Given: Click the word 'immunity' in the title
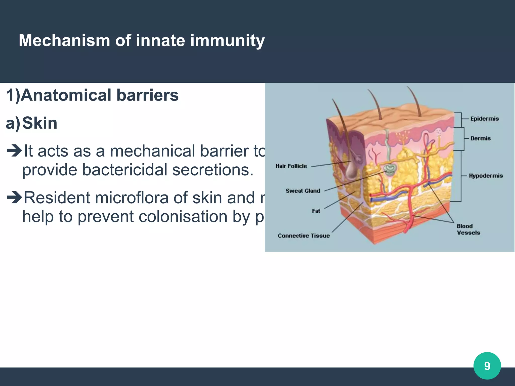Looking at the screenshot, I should tap(227, 41).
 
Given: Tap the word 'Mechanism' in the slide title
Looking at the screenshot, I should tap(64, 41).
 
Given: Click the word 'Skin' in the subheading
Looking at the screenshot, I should tap(40, 123).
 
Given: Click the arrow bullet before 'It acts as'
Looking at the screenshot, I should tap(14, 151).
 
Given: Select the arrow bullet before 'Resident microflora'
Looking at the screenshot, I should tap(14, 197).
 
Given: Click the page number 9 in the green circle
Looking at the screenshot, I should tap(487, 366).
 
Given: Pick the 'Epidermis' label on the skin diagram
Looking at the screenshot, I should tap(484, 119).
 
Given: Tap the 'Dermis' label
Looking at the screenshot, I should tap(480, 138).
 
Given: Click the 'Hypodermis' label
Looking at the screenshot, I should tap(486, 176).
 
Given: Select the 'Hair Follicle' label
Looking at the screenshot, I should tap(291, 166).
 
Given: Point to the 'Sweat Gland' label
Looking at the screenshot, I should tap(303, 191).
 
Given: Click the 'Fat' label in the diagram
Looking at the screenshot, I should tap(316, 211).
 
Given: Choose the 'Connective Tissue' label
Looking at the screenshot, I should tap(304, 236).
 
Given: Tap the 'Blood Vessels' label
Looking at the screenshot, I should tap(468, 229).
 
